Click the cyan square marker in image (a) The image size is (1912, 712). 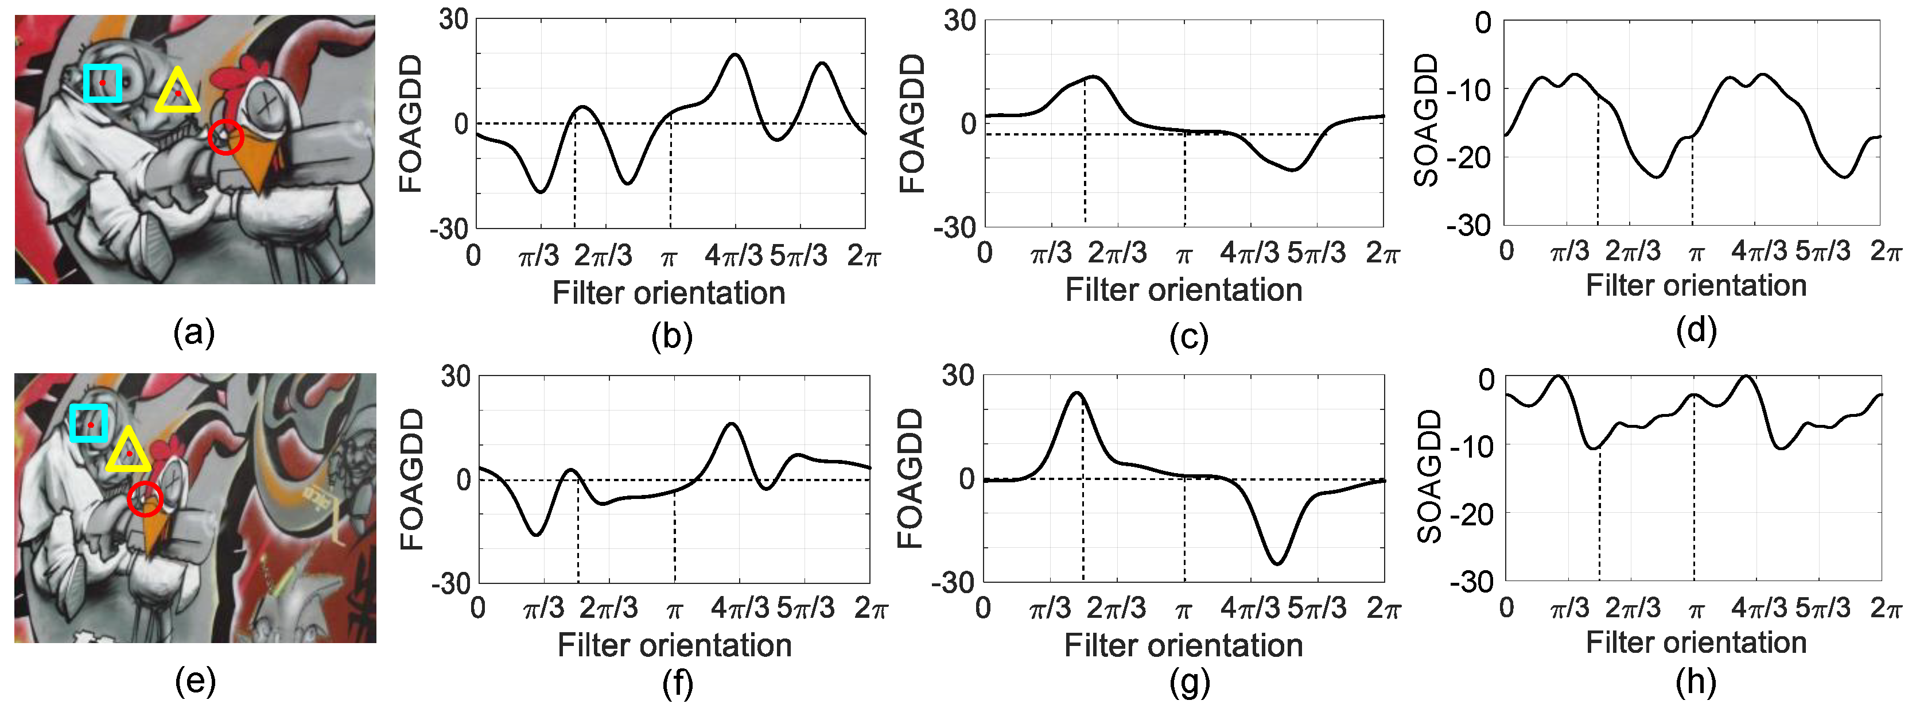pos(102,83)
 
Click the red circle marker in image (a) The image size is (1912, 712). pos(226,137)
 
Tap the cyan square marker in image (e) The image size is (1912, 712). pos(89,423)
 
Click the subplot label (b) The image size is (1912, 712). pos(672,336)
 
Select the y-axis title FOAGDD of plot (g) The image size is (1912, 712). pos(910,478)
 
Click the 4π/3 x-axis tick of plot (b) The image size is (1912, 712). pos(733,256)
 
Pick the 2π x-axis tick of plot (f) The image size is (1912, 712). pos(870,609)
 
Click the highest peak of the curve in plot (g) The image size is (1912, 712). pos(1077,393)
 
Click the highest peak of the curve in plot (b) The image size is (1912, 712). pos(735,54)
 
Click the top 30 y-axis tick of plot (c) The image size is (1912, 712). pos(959,21)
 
